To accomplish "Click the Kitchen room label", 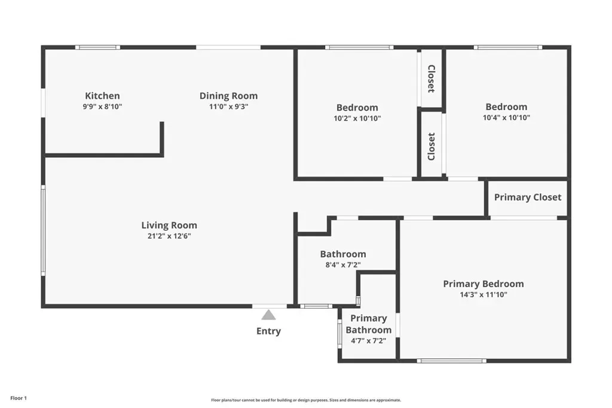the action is coord(102,96).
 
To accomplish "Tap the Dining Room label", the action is coord(228,96).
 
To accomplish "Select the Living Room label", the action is coord(169,226).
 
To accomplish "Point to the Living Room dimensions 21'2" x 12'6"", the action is coord(169,236).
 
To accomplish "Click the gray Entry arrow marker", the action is coord(268,315).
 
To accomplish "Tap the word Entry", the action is coord(268,331).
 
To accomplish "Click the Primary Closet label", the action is coord(528,197).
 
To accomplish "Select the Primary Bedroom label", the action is coord(483,284).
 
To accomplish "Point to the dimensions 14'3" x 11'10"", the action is coord(483,295).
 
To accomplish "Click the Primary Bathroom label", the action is coord(368,324).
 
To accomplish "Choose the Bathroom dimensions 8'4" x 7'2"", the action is coord(343,265).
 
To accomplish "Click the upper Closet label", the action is coord(432,79).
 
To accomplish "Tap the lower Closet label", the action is coord(432,147).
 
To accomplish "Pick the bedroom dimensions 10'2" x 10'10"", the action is coord(357,118).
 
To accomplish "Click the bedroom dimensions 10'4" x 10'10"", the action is coord(506,118).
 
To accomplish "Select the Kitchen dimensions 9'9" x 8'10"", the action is coord(102,106).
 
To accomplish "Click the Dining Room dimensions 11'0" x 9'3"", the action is coord(228,106).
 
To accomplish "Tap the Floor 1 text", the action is coord(19,398).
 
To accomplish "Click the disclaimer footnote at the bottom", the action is coord(306,400).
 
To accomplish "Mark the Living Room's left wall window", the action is coord(43,230).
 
